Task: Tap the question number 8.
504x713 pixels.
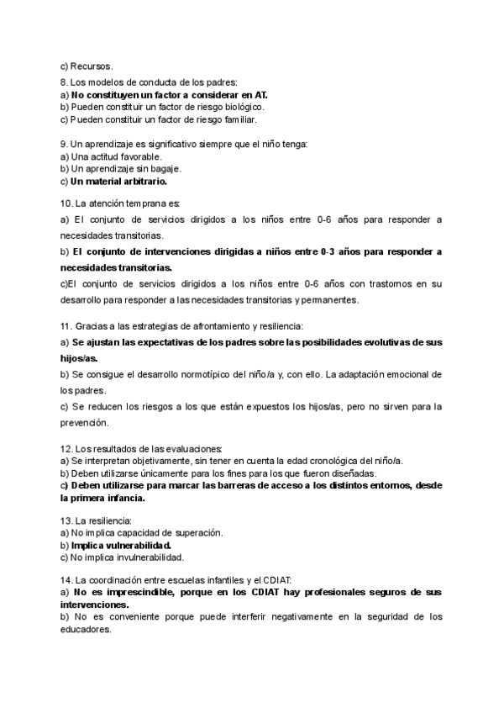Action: click(64, 82)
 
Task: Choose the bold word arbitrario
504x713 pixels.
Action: click(139, 181)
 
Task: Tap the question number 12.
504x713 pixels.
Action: click(67, 448)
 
